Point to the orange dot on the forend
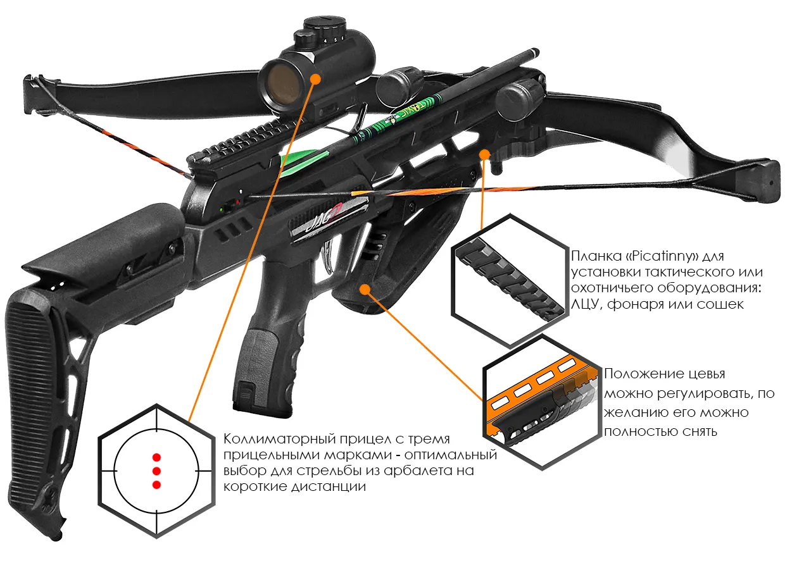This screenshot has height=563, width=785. pos(365,288)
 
